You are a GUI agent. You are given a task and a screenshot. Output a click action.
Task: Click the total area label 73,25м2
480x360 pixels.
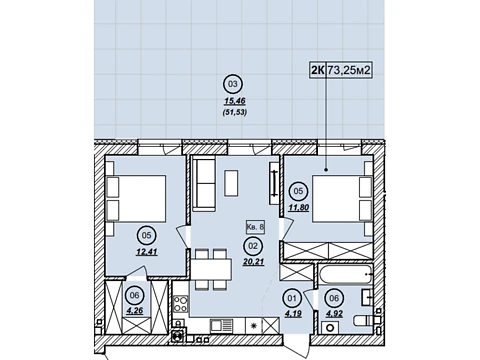coord(349,70)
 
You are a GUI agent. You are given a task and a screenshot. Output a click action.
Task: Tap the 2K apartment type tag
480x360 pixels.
coord(317,70)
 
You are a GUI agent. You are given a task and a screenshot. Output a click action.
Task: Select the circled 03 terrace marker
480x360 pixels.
coord(233,84)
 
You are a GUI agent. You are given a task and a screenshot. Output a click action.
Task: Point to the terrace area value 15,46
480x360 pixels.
coord(234,101)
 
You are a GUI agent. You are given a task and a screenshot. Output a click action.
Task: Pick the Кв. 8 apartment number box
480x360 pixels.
coord(255,227)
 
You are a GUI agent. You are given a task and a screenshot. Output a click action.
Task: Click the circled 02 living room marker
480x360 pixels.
coord(253,246)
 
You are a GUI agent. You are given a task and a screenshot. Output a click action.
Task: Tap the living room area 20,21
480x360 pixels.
coord(253,262)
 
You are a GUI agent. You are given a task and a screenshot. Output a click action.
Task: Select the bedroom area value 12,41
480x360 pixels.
coord(146,252)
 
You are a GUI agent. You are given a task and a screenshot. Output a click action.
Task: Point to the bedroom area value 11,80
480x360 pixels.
coord(299,207)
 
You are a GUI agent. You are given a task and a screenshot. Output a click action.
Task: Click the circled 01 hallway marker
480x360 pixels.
coord(292,298)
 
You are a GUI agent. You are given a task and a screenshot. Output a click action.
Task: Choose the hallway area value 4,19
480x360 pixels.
coord(293,313)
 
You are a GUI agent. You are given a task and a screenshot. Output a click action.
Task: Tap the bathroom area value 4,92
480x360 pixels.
coord(334,313)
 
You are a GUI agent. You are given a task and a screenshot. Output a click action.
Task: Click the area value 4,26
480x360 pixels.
coord(135,311)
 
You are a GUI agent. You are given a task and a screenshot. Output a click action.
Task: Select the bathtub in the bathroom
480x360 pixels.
coord(346,274)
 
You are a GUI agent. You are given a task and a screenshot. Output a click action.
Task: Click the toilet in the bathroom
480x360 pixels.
coord(363,320)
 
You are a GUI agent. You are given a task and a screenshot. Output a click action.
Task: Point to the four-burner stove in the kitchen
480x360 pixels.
coord(181,304)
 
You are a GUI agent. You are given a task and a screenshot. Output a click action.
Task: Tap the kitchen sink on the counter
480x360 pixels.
coord(222,326)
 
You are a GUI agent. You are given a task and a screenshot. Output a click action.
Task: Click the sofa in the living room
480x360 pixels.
coord(204,184)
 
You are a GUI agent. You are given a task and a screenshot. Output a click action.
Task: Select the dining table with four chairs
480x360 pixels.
coord(211,269)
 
